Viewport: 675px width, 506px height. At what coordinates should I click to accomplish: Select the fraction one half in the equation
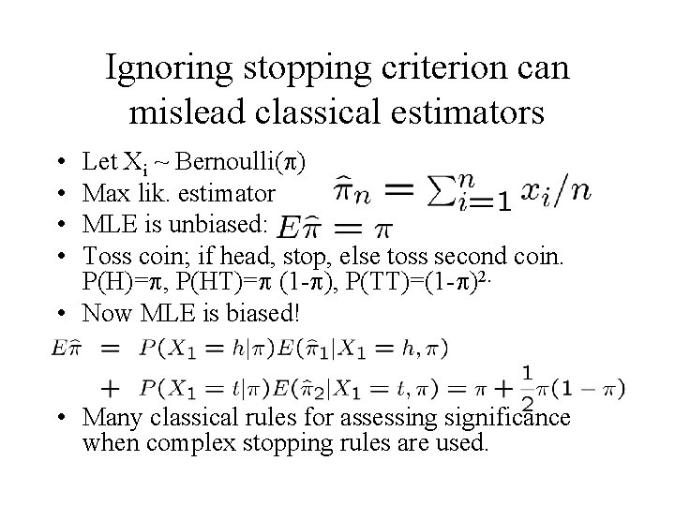(x=528, y=387)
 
